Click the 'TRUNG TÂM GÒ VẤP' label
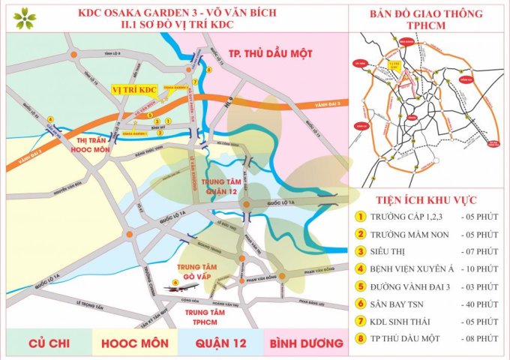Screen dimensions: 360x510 click(x=198, y=271)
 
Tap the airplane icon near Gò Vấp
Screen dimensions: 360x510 click(x=187, y=286)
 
